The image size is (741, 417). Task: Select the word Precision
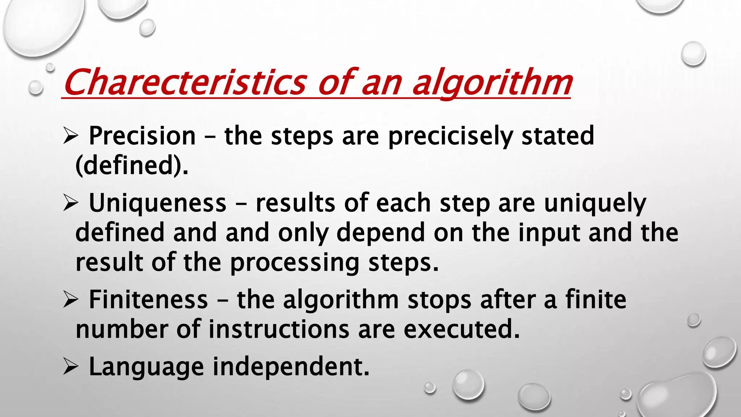pos(142,136)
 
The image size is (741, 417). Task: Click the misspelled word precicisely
pos(450,137)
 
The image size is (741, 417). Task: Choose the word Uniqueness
pos(157,203)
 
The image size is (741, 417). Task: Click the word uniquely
pos(595,204)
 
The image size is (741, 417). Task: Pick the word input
pos(549,233)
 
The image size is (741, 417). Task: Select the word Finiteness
pos(148,300)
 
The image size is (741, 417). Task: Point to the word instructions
pos(279,329)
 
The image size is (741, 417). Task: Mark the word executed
pos(462,329)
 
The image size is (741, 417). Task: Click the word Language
pos(146,367)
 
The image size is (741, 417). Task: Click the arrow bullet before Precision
pos(70,136)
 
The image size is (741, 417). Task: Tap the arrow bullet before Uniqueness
pos(70,203)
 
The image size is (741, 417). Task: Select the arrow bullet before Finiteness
pos(70,300)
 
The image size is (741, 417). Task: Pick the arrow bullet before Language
pos(70,367)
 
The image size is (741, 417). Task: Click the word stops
pos(439,300)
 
